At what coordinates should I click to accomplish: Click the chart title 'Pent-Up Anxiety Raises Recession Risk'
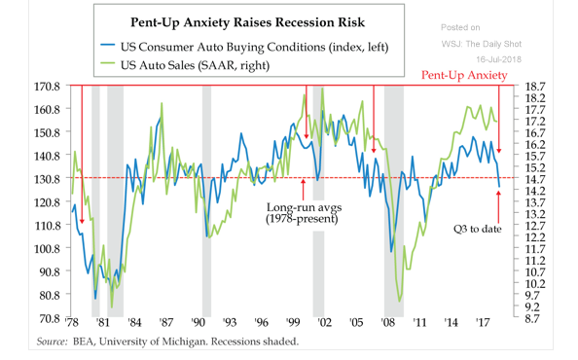(247, 22)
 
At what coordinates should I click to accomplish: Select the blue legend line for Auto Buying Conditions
(108, 44)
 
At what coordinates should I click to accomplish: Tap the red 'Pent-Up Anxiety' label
(464, 75)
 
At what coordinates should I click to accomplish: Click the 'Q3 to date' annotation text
(478, 230)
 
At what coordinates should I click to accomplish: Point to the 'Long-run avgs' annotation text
(305, 207)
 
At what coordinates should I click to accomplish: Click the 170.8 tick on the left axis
(47, 87)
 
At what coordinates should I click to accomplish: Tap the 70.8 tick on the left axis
(47, 318)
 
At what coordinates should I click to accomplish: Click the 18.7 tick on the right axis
(535, 87)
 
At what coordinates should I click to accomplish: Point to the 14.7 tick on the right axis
(535, 179)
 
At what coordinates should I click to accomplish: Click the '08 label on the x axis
(388, 323)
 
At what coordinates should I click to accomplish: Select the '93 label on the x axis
(230, 323)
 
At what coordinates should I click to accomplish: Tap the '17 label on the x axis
(483, 323)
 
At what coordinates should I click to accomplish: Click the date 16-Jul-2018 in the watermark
(499, 59)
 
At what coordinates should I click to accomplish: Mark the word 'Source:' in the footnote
(52, 342)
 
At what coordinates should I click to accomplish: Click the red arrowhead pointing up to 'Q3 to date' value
(499, 194)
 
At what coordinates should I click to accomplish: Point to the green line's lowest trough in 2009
(400, 302)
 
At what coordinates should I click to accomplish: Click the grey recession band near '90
(206, 201)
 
